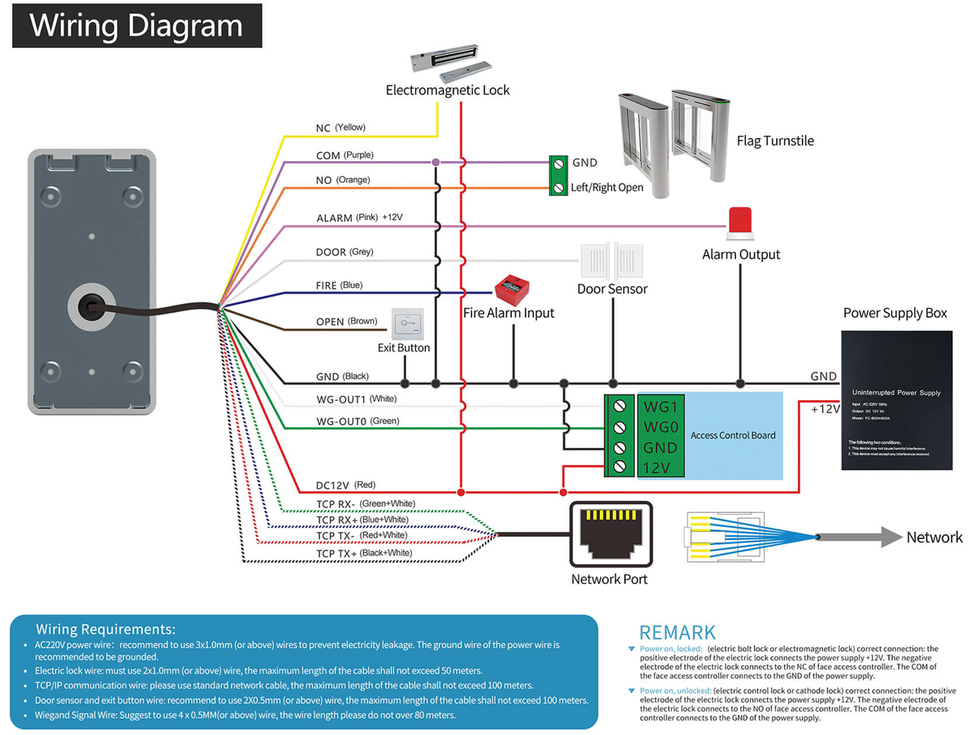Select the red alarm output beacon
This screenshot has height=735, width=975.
(x=739, y=223)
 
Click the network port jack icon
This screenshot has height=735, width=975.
(x=610, y=533)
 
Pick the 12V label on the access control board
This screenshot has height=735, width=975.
(x=656, y=468)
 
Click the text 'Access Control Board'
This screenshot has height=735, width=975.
(x=733, y=435)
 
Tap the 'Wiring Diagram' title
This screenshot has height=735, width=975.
(x=136, y=26)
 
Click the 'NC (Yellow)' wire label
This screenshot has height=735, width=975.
(x=340, y=128)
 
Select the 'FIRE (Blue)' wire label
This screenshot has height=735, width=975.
(x=339, y=285)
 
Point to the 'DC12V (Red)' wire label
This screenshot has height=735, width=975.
(x=345, y=485)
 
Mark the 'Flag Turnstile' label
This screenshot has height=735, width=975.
(x=775, y=141)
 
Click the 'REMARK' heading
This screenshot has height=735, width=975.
(x=677, y=633)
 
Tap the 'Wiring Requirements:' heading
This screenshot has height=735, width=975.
(x=106, y=629)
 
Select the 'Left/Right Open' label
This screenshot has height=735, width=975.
(x=607, y=188)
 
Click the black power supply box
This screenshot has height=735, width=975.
(x=896, y=400)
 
